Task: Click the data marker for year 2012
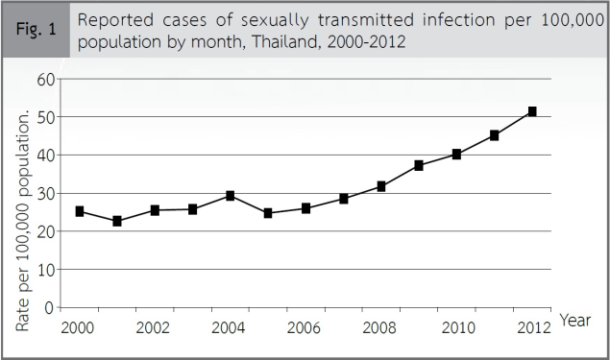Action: click(531, 112)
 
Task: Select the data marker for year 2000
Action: click(80, 211)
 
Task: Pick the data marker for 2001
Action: click(117, 221)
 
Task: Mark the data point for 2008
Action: click(381, 186)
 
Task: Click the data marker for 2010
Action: click(456, 154)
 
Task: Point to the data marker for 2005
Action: click(268, 213)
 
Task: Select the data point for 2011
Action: click(494, 135)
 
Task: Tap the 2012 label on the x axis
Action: click(531, 327)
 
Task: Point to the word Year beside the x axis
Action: click(574, 320)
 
